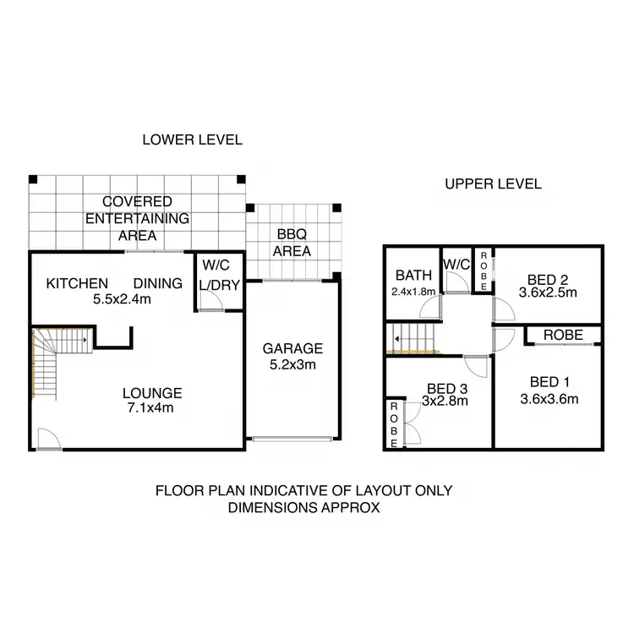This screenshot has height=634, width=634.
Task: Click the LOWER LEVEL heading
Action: (193, 139)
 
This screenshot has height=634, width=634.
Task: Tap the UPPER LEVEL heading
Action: (493, 184)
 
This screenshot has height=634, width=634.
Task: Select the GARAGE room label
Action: (292, 347)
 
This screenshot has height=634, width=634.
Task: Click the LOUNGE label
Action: (152, 392)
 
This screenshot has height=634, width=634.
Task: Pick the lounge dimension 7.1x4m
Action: (152, 408)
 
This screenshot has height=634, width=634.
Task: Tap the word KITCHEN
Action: (77, 283)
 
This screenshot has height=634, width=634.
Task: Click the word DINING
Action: (157, 283)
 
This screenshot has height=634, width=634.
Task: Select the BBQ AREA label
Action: (292, 243)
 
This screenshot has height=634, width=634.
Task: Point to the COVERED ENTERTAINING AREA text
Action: (137, 218)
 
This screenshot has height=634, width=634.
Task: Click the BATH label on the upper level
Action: (414, 275)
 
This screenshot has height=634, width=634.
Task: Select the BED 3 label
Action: (446, 390)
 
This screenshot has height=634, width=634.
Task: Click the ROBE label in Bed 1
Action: (563, 336)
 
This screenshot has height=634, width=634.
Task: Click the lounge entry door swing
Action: (48, 437)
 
